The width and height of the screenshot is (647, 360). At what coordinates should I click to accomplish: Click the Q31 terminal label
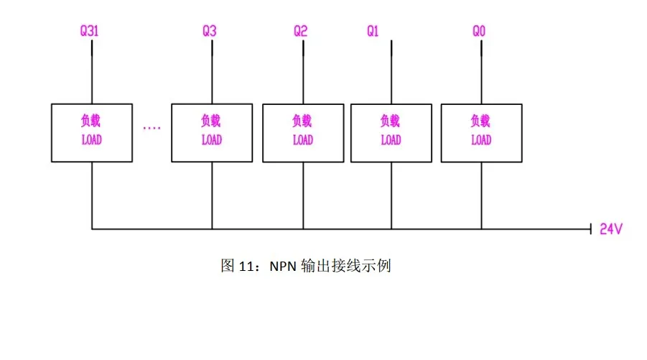(89, 31)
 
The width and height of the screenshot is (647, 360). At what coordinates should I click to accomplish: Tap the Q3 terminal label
(209, 31)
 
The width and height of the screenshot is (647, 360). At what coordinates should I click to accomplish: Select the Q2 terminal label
(300, 31)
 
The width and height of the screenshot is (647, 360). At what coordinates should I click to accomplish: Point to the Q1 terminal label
(373, 31)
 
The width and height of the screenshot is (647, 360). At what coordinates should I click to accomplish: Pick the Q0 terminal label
(479, 31)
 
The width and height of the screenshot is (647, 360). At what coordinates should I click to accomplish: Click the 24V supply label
(610, 229)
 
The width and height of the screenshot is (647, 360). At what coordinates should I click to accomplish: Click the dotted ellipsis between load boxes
(152, 128)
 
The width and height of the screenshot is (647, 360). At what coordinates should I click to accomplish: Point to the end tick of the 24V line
(591, 229)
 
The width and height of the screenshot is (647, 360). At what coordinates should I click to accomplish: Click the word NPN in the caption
(283, 267)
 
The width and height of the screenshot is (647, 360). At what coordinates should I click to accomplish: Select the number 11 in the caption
(247, 267)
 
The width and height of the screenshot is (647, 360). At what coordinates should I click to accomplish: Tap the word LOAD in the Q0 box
(481, 140)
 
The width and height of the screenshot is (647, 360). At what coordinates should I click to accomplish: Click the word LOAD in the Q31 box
(92, 140)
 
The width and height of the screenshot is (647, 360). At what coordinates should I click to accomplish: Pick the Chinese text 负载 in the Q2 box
(302, 121)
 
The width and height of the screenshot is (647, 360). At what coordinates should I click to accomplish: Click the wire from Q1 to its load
(391, 72)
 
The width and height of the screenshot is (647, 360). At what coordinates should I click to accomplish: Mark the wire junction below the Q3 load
(212, 229)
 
